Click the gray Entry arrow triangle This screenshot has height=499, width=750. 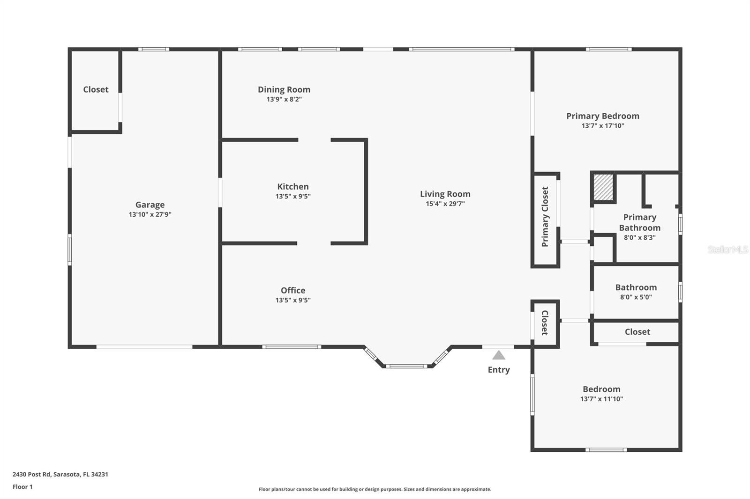(x=499, y=355)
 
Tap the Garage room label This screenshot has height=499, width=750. (x=150, y=205)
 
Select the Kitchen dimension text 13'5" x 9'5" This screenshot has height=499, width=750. (x=293, y=196)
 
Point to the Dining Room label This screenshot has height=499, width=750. (x=284, y=89)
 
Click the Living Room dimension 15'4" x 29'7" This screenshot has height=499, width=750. (x=445, y=204)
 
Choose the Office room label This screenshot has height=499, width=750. (x=293, y=290)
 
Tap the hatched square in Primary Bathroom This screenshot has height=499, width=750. (x=603, y=187)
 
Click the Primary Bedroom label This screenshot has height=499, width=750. (x=603, y=116)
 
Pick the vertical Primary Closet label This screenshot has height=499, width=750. (x=545, y=217)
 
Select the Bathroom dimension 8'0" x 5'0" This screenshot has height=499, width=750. (x=636, y=297)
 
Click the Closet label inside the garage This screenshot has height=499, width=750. (x=96, y=89)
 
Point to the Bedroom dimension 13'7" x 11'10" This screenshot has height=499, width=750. (x=602, y=399)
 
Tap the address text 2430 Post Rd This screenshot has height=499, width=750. (x=31, y=474)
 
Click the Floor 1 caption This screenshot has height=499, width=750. (x=23, y=487)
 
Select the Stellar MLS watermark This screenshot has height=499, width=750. (x=728, y=249)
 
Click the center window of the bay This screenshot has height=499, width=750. (x=407, y=366)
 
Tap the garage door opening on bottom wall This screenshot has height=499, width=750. (x=144, y=347)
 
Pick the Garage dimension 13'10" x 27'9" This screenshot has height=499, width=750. (x=150, y=214)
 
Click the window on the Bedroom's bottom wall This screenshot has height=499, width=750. (x=607, y=450)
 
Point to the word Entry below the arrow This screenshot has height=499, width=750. (x=499, y=370)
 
